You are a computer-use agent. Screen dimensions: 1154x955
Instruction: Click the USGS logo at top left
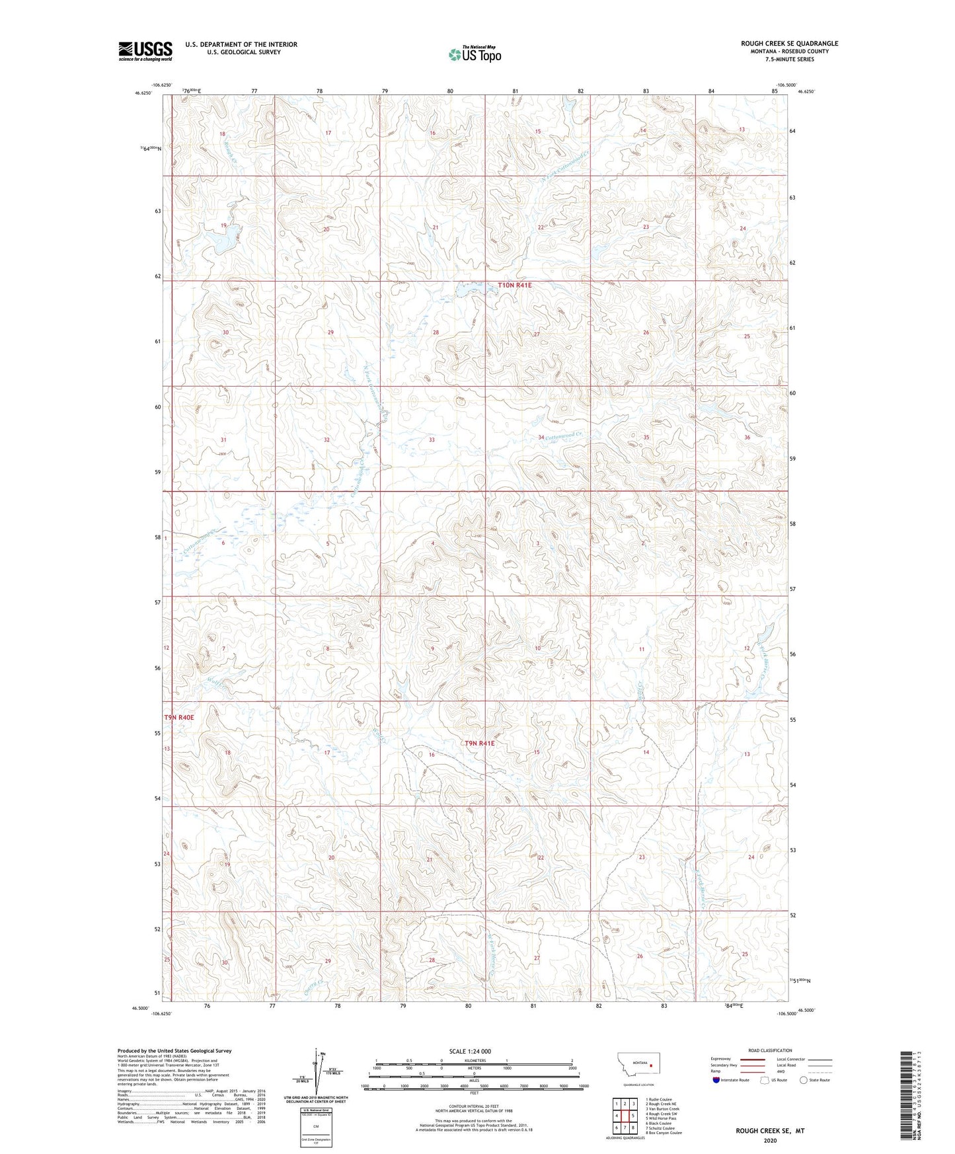point(145,51)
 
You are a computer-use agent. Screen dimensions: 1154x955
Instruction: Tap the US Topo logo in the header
point(475,54)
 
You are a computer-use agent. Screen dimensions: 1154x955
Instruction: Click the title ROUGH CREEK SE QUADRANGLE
point(789,44)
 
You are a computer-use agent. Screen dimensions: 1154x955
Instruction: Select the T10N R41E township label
point(514,286)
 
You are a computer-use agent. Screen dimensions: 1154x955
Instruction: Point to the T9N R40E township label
point(179,717)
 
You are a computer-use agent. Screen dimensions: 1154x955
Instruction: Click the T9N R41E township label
point(480,743)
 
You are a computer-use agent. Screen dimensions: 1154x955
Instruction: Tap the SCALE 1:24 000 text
point(470,1052)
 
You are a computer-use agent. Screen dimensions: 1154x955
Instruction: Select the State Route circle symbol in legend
point(804,1081)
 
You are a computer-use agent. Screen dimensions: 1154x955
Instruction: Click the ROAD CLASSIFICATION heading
point(770,1050)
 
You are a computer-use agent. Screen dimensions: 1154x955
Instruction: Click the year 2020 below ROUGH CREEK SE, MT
point(770,1140)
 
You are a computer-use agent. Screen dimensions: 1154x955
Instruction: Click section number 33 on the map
point(432,440)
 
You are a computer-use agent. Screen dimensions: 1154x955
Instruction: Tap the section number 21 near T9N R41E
point(430,860)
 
